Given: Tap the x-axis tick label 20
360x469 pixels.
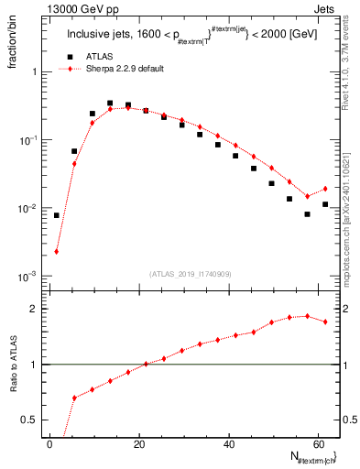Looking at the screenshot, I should click(139, 444).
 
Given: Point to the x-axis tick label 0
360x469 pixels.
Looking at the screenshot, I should click(49, 444).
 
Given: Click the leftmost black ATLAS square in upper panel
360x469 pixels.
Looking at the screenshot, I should click(57, 215).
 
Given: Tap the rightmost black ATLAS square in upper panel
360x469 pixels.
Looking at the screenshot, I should click(325, 204).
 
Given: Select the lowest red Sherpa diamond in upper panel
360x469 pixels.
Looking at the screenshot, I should click(57, 251).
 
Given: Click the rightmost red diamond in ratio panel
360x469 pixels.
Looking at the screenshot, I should click(325, 322).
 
